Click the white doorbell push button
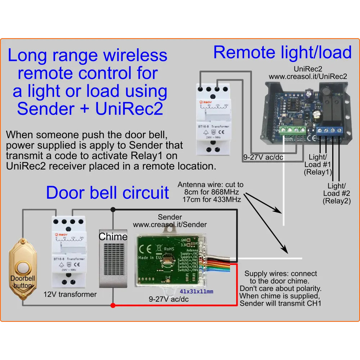tap(23, 268)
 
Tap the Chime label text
tap(113, 237)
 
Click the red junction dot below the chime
tap(113, 306)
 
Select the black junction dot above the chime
tap(113, 209)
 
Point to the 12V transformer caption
tap(70, 294)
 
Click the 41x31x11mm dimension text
tap(196, 291)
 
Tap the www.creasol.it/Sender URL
tap(170, 225)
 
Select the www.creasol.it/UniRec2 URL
tap(308, 76)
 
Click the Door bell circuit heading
tap(107, 193)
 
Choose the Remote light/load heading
tap(282, 53)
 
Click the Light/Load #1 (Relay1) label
tap(318, 164)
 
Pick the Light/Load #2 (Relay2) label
tap(337, 193)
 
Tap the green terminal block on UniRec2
tap(292, 130)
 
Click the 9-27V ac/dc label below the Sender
tap(169, 299)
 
